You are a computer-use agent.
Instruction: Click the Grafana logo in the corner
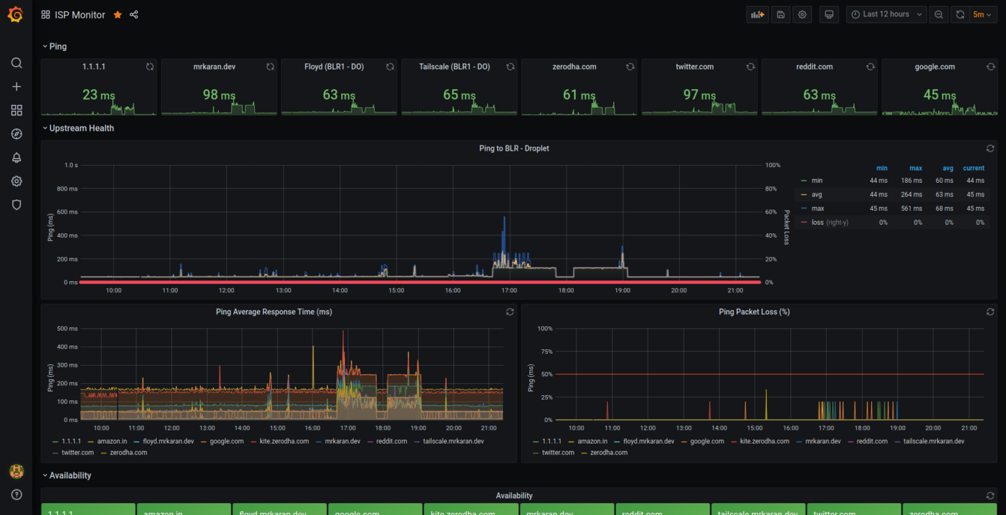(x=16, y=14)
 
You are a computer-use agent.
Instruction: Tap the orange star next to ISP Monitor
(x=118, y=14)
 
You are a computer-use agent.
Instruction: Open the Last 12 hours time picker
(x=885, y=14)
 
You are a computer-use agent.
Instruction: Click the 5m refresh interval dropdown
(x=982, y=14)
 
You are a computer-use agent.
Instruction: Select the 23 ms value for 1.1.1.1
(x=98, y=95)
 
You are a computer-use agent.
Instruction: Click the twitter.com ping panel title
(x=694, y=67)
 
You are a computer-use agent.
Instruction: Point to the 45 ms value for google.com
(x=939, y=95)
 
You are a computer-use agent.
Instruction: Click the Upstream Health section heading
(x=81, y=128)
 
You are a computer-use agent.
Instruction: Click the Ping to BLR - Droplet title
(x=513, y=149)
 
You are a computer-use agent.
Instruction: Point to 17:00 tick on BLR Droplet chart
(x=509, y=290)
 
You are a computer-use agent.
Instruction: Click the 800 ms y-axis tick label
(x=67, y=189)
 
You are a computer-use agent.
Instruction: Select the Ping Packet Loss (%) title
(x=754, y=312)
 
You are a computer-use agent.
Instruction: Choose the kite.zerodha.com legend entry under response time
(x=284, y=442)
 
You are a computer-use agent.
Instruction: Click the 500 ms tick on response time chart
(x=67, y=329)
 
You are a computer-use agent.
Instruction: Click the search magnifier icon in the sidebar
(x=17, y=63)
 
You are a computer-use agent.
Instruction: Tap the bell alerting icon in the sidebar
(x=17, y=157)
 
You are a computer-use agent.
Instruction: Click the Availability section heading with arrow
(x=69, y=476)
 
